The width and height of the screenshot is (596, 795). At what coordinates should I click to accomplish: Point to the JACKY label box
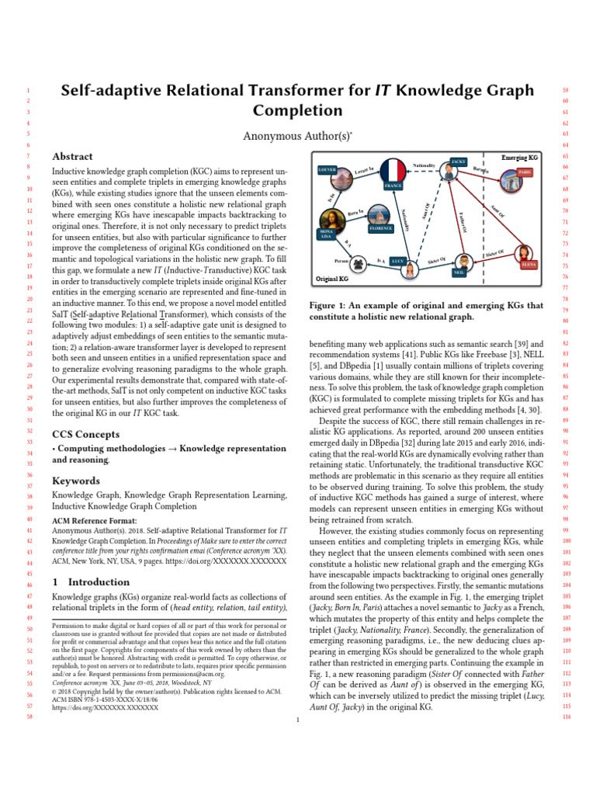[x=458, y=161]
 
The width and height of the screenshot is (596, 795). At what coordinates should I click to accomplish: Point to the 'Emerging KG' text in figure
[x=519, y=158]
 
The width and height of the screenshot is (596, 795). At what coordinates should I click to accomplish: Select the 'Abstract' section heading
[x=71, y=156]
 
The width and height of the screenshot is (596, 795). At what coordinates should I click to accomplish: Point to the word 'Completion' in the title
[x=297, y=110]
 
